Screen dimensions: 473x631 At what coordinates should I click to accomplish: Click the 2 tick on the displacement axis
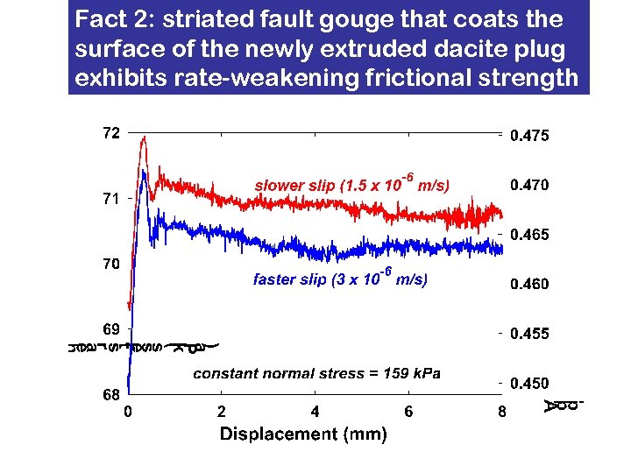point(222,411)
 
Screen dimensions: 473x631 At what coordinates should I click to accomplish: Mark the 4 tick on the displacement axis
point(315,411)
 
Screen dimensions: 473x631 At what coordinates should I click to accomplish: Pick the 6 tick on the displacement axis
point(408,411)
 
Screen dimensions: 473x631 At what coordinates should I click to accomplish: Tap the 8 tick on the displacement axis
point(501,411)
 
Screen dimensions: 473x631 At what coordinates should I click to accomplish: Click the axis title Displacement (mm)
point(303,434)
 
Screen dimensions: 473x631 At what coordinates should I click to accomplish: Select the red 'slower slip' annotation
point(351,184)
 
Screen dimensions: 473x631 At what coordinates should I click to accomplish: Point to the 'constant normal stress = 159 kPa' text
point(316,374)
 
